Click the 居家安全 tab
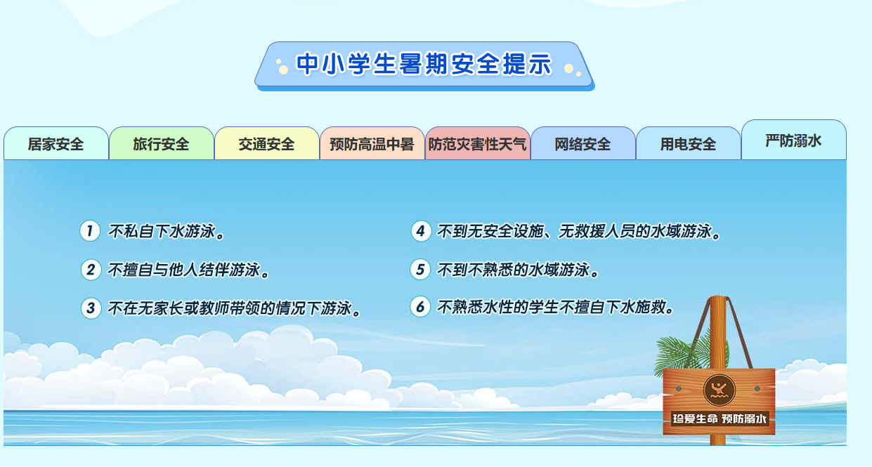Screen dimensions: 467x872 click(56, 144)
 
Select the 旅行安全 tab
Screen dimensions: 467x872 click(162, 144)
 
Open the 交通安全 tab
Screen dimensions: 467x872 click(267, 144)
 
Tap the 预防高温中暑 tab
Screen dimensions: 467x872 click(372, 144)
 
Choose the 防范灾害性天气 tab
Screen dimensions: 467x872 click(478, 144)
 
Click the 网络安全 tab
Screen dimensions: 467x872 click(583, 144)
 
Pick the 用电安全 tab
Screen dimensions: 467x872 click(689, 144)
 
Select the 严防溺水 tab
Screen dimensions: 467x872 click(794, 140)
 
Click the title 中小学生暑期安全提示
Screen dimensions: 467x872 click(424, 65)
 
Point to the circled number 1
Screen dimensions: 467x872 click(90, 231)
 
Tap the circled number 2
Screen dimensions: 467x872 click(91, 270)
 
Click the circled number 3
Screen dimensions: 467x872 click(91, 308)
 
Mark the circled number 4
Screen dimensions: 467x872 click(420, 231)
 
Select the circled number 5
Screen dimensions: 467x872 click(420, 269)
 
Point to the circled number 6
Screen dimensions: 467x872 click(420, 307)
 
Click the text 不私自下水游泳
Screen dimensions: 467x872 click(167, 232)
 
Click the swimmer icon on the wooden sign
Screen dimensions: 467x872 click(720, 389)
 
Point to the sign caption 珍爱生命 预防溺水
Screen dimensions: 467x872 click(720, 419)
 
